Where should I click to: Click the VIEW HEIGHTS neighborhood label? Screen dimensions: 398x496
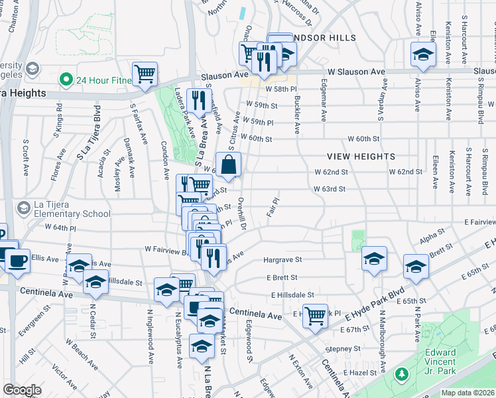pyautogui.click(x=361, y=157)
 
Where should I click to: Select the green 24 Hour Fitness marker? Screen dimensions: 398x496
pyautogui.click(x=66, y=80)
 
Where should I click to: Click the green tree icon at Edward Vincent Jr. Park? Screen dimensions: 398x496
pyautogui.click(x=401, y=375)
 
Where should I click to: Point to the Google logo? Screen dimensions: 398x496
pyautogui.click(x=22, y=390)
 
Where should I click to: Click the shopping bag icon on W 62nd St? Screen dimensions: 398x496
pyautogui.click(x=228, y=166)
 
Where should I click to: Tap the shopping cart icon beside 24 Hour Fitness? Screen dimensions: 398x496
pyautogui.click(x=144, y=74)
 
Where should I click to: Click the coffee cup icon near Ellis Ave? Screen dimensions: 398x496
pyautogui.click(x=18, y=260)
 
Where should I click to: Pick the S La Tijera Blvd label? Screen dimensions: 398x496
pyautogui.click(x=88, y=133)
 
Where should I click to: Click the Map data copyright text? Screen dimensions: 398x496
pyautogui.click(x=467, y=393)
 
